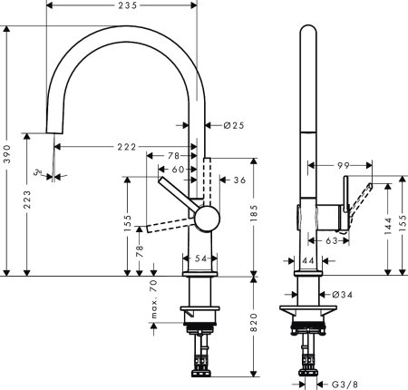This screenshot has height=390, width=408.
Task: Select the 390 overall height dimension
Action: (x=7, y=151)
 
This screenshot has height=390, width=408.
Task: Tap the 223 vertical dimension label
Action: (x=29, y=198)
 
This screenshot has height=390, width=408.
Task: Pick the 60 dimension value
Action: (x=178, y=170)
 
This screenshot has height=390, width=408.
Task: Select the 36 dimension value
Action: (x=239, y=180)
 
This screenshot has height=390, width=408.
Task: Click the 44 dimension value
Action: (x=307, y=261)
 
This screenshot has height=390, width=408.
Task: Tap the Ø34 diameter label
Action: (x=343, y=295)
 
